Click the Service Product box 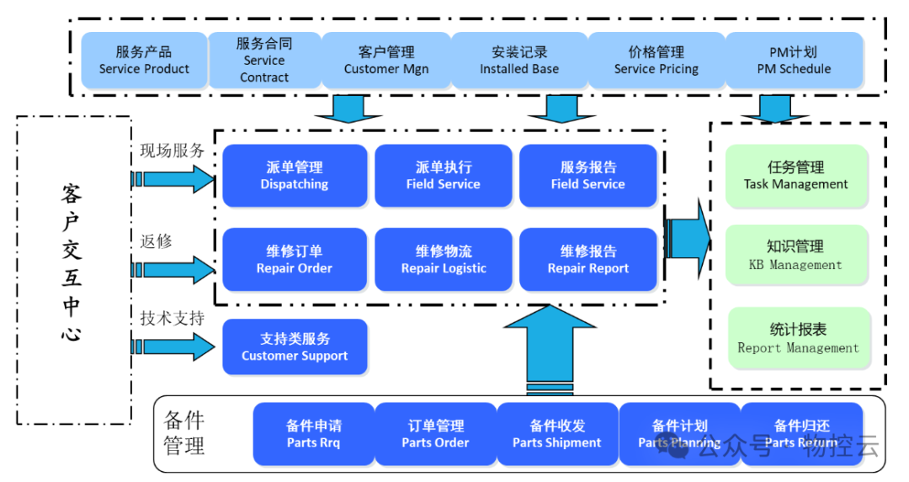click(x=144, y=61)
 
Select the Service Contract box click(x=264, y=61)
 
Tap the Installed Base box click(x=519, y=61)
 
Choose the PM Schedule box click(x=794, y=61)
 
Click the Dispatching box click(x=294, y=176)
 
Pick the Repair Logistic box click(x=444, y=260)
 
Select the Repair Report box click(x=588, y=260)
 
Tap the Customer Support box click(x=295, y=347)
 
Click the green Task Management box click(x=796, y=176)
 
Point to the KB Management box click(x=796, y=255)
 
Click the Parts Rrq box click(x=313, y=434)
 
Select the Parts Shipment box click(x=557, y=434)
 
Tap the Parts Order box click(x=435, y=434)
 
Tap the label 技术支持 click(x=172, y=319)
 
